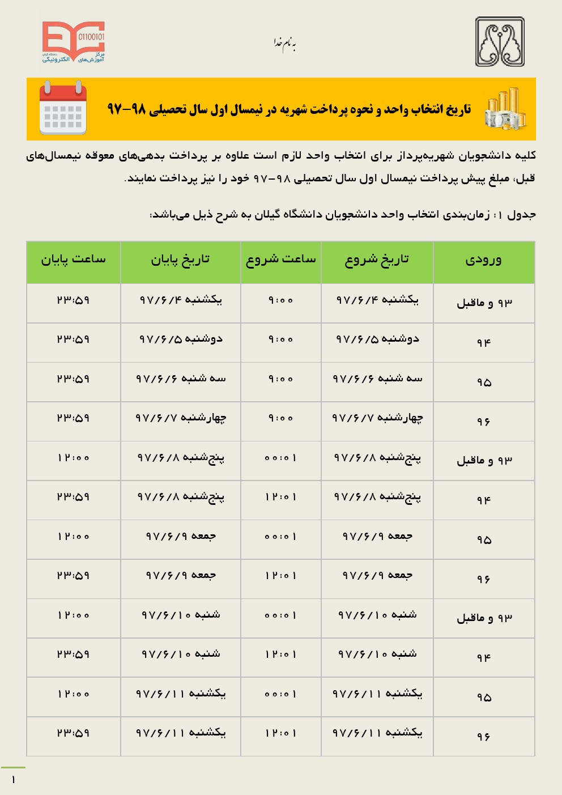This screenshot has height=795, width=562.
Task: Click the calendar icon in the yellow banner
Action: pos(63,108)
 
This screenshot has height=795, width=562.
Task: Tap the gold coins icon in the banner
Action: pos(505,109)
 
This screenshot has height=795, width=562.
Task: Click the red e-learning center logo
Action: pos(73,42)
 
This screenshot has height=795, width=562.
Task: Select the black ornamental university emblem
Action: pos(500,42)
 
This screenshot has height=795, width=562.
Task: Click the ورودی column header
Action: pos(483,260)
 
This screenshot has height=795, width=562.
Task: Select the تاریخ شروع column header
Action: pos(377,260)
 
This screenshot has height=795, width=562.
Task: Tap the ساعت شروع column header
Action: pos(281,260)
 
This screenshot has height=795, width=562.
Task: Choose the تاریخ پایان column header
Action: pos(180,260)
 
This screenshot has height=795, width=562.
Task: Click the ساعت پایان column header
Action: pos(73,260)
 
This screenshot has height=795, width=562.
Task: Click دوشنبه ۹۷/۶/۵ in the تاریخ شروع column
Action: pos(377,339)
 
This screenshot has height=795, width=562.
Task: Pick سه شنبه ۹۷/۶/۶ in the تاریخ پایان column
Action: pos(181,379)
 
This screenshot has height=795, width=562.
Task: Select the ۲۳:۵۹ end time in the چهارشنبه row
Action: pos(73,418)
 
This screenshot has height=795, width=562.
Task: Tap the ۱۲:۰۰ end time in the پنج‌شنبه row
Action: pos(73,458)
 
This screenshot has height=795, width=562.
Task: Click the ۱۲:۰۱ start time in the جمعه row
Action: pos(281,576)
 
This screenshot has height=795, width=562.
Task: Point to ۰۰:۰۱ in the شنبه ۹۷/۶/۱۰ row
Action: pos(281,615)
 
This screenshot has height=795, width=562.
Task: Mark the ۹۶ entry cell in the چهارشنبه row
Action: pos(483,422)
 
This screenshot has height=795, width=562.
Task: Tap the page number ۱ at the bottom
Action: pos(13,780)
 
